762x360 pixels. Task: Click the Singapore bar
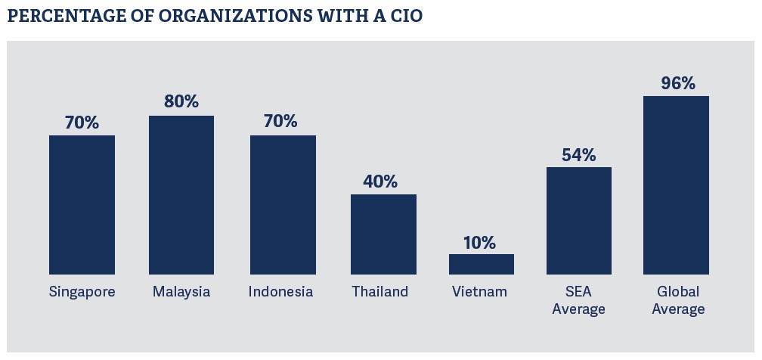coord(82,204)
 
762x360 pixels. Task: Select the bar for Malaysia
coord(181,194)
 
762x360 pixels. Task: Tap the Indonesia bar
coord(283,204)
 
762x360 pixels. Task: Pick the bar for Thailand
coord(383,234)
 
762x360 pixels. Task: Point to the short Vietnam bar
coord(482,264)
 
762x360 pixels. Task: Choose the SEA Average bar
coord(579,220)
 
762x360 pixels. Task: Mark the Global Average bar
coord(676,185)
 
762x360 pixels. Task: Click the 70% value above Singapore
coord(82,122)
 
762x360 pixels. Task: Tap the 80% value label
coord(181,102)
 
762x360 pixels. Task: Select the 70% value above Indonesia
coord(280,121)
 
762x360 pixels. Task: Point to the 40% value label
coord(379,182)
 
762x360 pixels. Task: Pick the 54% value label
coord(578,155)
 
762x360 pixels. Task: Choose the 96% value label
coord(677,83)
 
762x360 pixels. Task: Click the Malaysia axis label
coord(181,292)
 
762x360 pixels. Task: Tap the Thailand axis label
coord(379,292)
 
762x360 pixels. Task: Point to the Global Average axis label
coord(677,300)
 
